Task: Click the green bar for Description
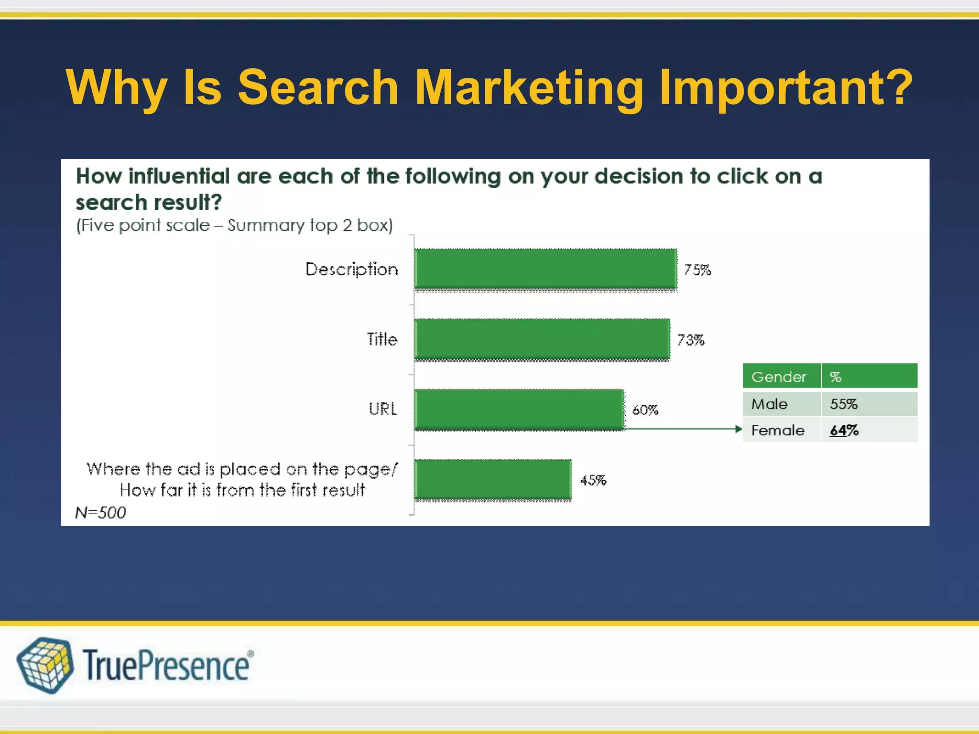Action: pos(545,269)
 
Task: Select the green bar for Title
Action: pos(542,339)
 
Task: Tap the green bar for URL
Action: pos(519,410)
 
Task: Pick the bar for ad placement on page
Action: pos(493,479)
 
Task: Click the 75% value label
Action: pos(697,270)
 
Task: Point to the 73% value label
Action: pos(691,340)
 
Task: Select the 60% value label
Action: pos(645,410)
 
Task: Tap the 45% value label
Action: pos(593,480)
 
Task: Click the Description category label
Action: pos(351,270)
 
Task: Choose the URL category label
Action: pos(382,409)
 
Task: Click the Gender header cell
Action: pos(779,377)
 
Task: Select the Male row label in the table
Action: pos(769,404)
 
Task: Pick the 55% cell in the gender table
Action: pos(844,404)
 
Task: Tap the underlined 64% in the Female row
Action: pos(844,431)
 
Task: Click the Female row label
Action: pos(778,431)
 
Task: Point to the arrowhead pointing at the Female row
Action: pos(739,429)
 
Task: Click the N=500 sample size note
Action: pos(100,513)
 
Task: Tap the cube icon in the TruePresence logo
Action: pos(45,665)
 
